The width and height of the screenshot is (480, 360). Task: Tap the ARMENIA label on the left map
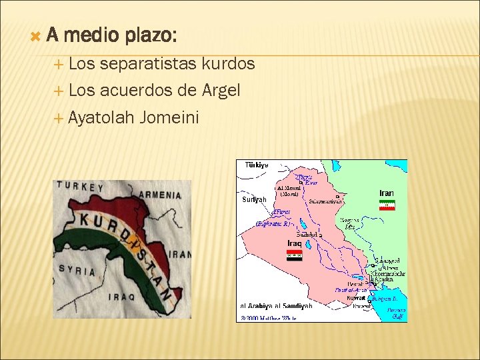coord(160,195)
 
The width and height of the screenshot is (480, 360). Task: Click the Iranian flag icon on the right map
coord(387,205)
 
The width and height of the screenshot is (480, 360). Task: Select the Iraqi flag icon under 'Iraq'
coord(294,255)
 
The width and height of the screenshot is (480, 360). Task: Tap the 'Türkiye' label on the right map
coord(257,165)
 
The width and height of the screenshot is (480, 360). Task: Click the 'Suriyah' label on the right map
coord(254,199)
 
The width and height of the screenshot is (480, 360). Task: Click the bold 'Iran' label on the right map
coord(387,193)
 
